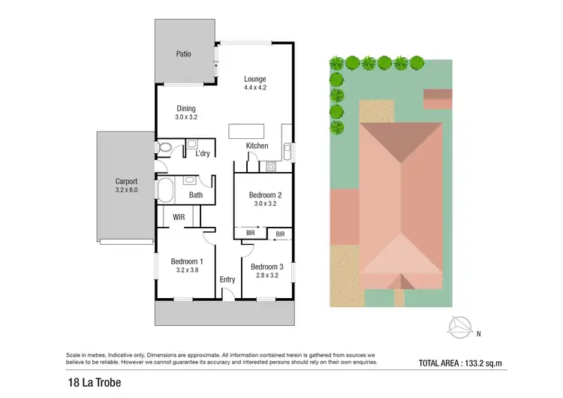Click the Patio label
[183, 53]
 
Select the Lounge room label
[255, 79]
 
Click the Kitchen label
[257, 146]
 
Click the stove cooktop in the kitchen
[270, 165]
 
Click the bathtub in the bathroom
[164, 191]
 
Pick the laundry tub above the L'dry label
[192, 143]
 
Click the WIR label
[179, 217]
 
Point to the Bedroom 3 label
[267, 267]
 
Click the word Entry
[227, 279]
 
